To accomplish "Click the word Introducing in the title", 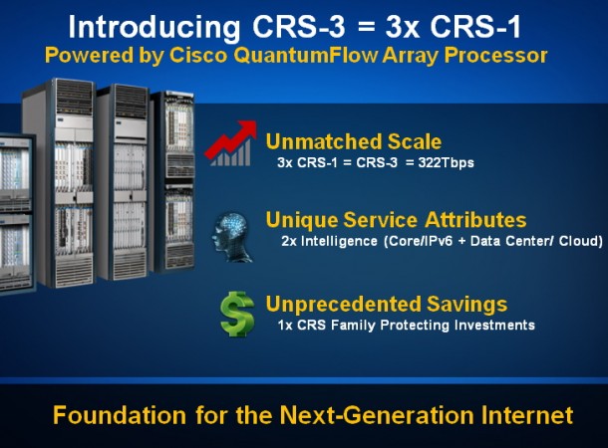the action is coord(154,28).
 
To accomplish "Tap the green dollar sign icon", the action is coord(237,314).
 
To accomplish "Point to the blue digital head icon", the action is coord(232,237).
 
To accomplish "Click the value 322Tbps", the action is coord(446,162).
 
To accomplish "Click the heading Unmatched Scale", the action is coord(354,141).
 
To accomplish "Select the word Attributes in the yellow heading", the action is coord(475,220).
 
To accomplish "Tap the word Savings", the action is coord(466,304).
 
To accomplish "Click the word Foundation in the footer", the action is coord(120,415).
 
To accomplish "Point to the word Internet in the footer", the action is coord(527,415).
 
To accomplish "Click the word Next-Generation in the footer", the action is coord(377,415).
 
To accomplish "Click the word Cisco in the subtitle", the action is coord(198,56).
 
